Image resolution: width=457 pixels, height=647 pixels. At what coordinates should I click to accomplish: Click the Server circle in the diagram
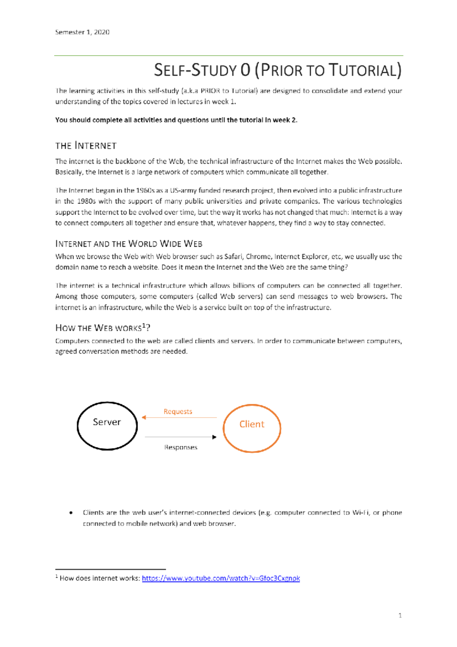coord(107,426)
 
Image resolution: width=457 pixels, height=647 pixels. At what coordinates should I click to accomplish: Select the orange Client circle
coord(252,428)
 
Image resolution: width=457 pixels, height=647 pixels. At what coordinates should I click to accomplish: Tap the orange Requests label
coord(178,412)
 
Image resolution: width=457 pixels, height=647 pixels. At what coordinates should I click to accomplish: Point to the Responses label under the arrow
coord(181,447)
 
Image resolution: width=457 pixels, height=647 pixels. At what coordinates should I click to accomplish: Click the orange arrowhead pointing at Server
coord(144,418)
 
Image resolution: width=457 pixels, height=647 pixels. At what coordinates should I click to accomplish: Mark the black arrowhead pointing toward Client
coord(214,437)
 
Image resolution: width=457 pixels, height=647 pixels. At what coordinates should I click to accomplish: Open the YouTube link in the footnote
coord(221,578)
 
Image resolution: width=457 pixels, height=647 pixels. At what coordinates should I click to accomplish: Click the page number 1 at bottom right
coord(400,615)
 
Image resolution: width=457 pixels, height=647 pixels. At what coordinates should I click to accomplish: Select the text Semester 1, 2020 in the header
coord(82,32)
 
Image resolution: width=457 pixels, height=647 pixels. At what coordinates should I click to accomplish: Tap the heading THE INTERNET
coord(86,146)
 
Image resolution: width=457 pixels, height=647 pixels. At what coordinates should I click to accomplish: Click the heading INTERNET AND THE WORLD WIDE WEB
coord(129,244)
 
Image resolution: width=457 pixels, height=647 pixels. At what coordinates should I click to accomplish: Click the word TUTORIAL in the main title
coord(364,70)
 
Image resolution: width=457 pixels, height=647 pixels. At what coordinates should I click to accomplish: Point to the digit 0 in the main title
coord(245,70)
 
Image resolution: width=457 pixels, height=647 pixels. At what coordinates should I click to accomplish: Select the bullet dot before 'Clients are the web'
coord(71,513)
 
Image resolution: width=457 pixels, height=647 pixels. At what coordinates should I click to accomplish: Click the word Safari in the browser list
coord(233,256)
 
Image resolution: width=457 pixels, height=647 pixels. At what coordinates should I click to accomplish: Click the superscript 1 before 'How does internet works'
coord(57,577)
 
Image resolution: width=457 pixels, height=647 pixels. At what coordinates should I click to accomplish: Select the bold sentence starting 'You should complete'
coord(176,120)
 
